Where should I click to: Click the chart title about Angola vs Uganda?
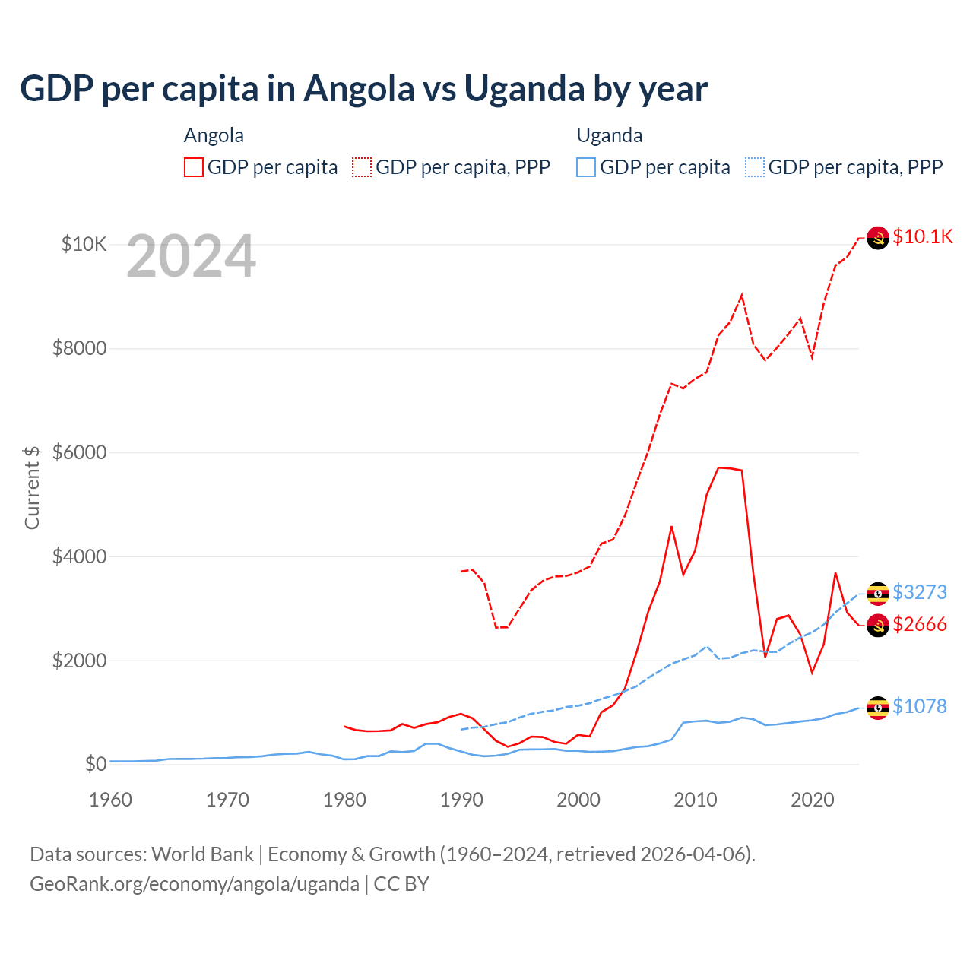(363, 89)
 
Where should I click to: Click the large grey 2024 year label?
(191, 256)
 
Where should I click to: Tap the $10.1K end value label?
(922, 236)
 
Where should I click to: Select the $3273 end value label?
(920, 592)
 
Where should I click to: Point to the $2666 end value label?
(920, 624)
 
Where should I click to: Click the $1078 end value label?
(920, 706)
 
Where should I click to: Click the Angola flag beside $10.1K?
(878, 238)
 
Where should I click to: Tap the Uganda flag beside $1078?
(878, 708)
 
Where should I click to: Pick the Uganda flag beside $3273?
(878, 594)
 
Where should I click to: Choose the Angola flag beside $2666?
(878, 626)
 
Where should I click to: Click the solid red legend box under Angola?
(194, 167)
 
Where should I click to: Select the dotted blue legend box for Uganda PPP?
(755, 167)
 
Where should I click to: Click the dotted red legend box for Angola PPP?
(362, 167)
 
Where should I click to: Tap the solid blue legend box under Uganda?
(586, 167)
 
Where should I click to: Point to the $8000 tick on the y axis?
(79, 348)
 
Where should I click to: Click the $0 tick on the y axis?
(95, 764)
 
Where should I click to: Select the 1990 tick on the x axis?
(461, 800)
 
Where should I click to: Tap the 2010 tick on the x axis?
(696, 800)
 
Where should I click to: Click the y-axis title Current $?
(32, 487)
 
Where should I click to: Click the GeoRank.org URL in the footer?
(195, 884)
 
